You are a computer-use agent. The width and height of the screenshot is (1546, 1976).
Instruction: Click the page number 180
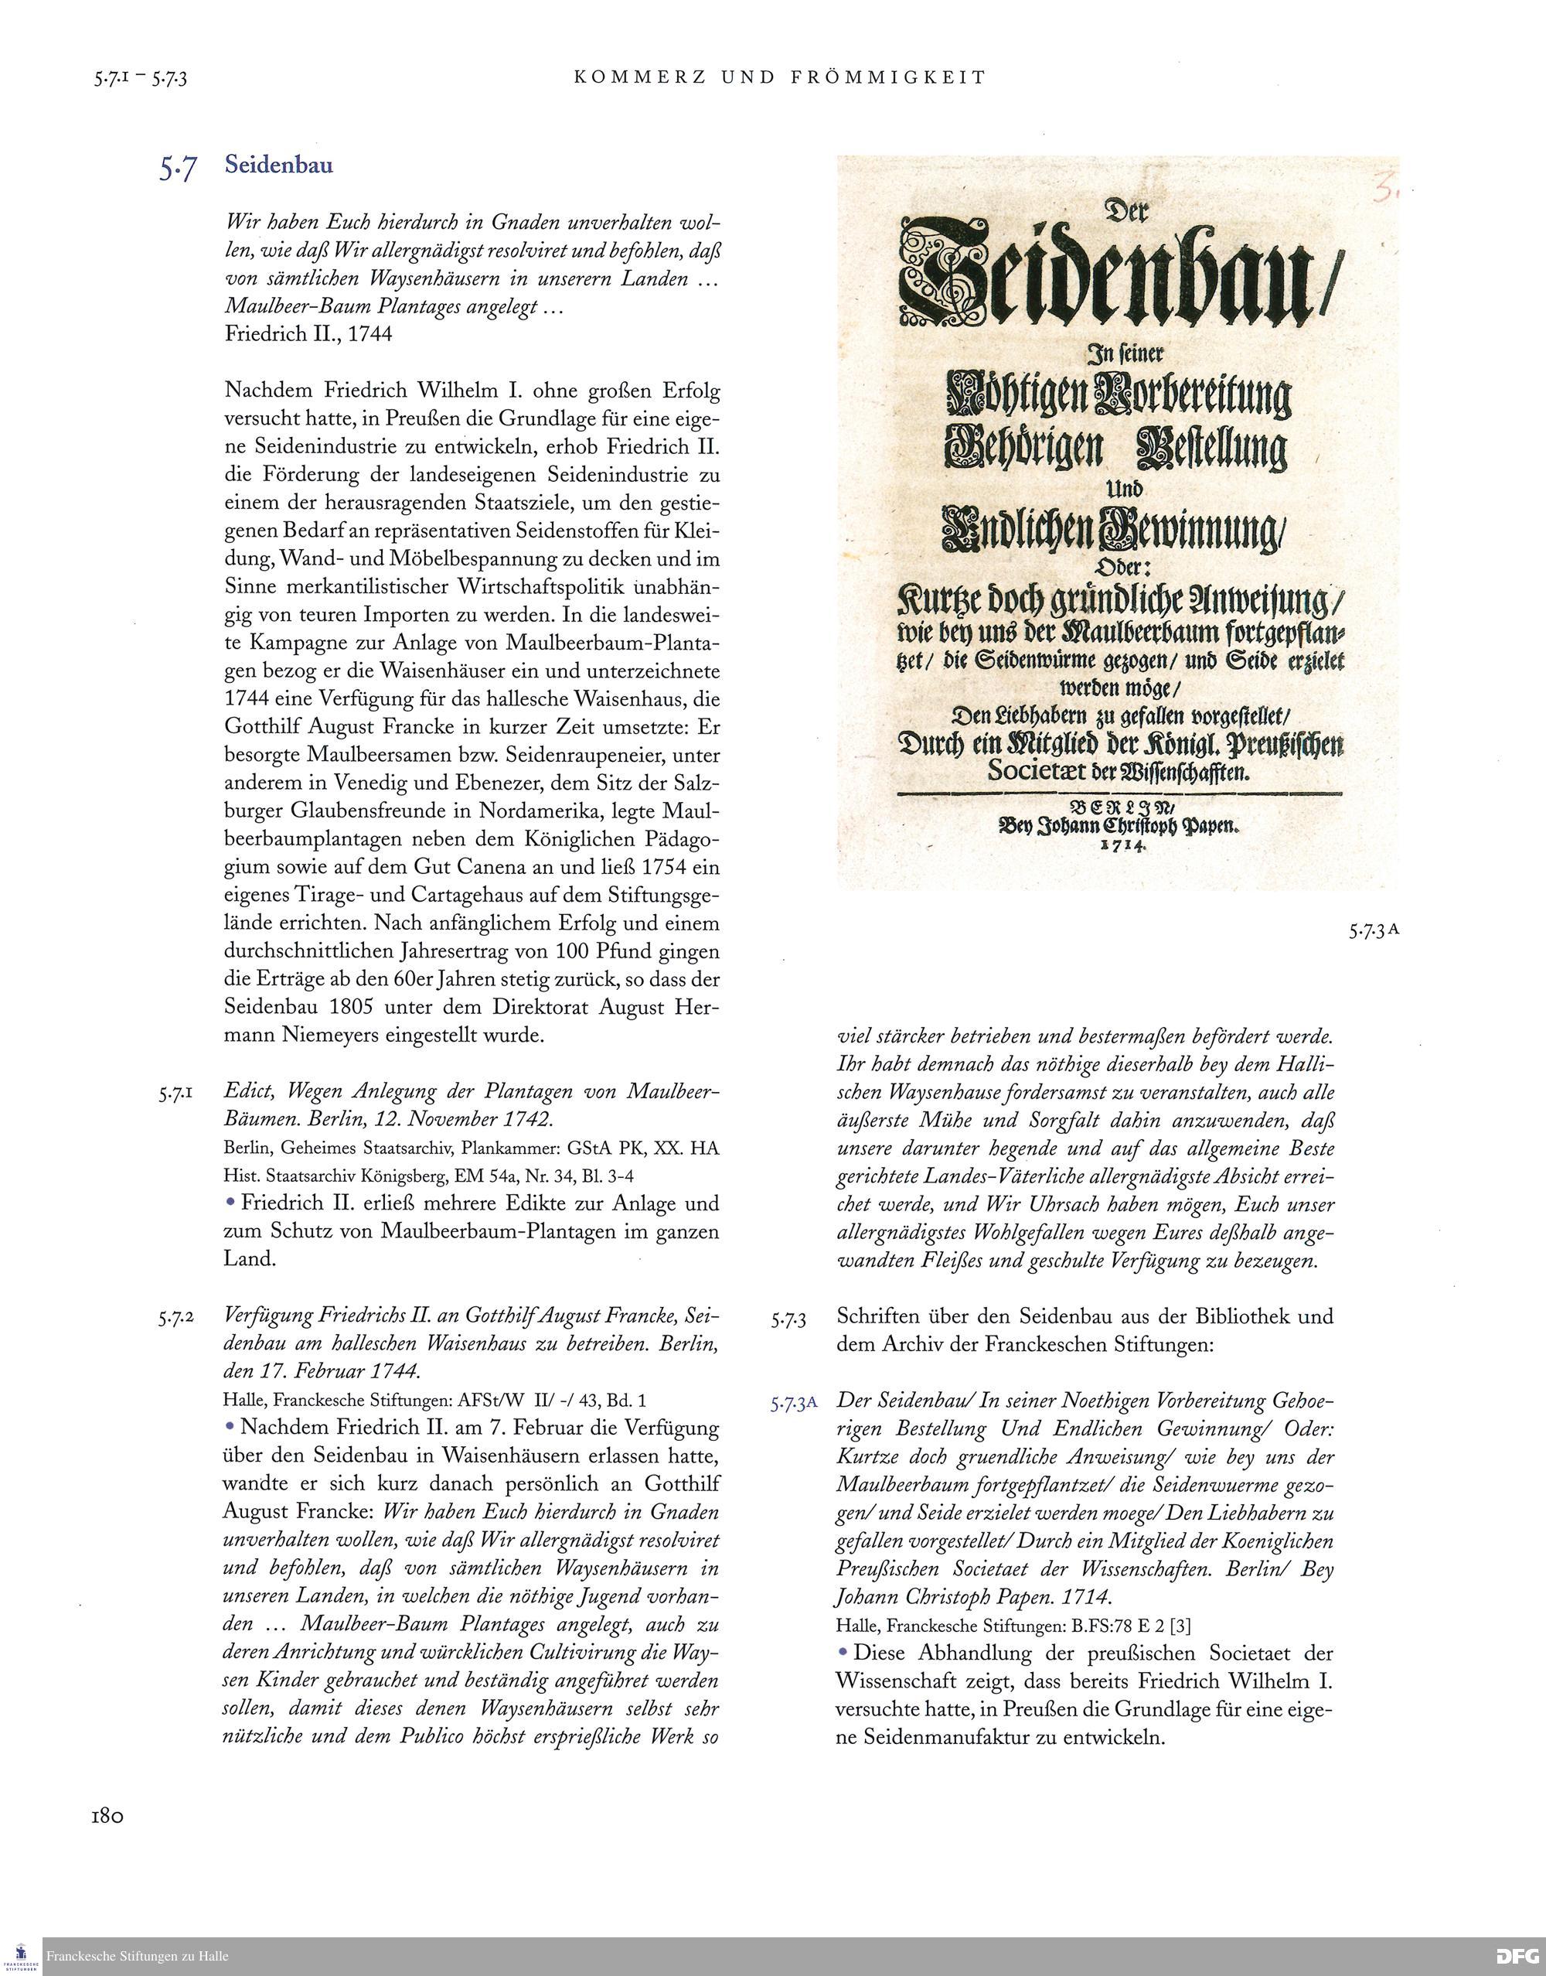click(x=107, y=1816)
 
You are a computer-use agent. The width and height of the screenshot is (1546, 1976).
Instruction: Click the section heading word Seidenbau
click(x=279, y=165)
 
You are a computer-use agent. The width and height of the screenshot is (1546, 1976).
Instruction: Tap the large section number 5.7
click(x=178, y=168)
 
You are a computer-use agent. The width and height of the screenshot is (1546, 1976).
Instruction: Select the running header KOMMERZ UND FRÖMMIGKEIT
click(x=779, y=78)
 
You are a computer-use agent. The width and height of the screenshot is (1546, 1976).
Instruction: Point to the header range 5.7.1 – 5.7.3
click(x=140, y=79)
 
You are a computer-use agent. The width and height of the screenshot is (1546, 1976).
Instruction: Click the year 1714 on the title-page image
click(x=1121, y=845)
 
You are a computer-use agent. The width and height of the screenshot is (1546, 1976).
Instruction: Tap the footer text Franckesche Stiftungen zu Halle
click(x=138, y=1955)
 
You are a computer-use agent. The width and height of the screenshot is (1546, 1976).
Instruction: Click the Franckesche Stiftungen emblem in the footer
click(x=21, y=1954)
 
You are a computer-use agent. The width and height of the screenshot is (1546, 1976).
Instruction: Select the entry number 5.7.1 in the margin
click(x=175, y=1094)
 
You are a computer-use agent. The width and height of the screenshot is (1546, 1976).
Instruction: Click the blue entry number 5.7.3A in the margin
click(x=794, y=1404)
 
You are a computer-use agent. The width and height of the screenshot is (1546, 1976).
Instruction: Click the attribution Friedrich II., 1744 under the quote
click(x=308, y=334)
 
